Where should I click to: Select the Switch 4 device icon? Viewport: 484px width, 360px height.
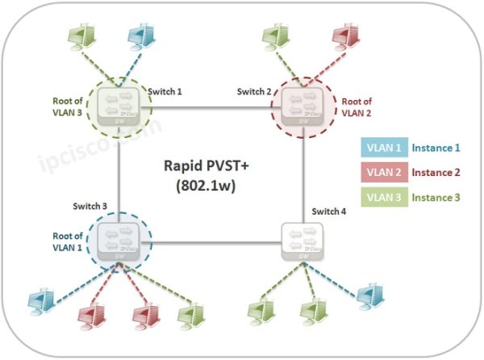[x=302, y=240]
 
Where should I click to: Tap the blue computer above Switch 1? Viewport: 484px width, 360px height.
[x=144, y=37]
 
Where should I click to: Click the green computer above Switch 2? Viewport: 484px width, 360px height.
[x=275, y=37]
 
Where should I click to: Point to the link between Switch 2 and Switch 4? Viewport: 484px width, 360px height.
[x=302, y=178]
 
